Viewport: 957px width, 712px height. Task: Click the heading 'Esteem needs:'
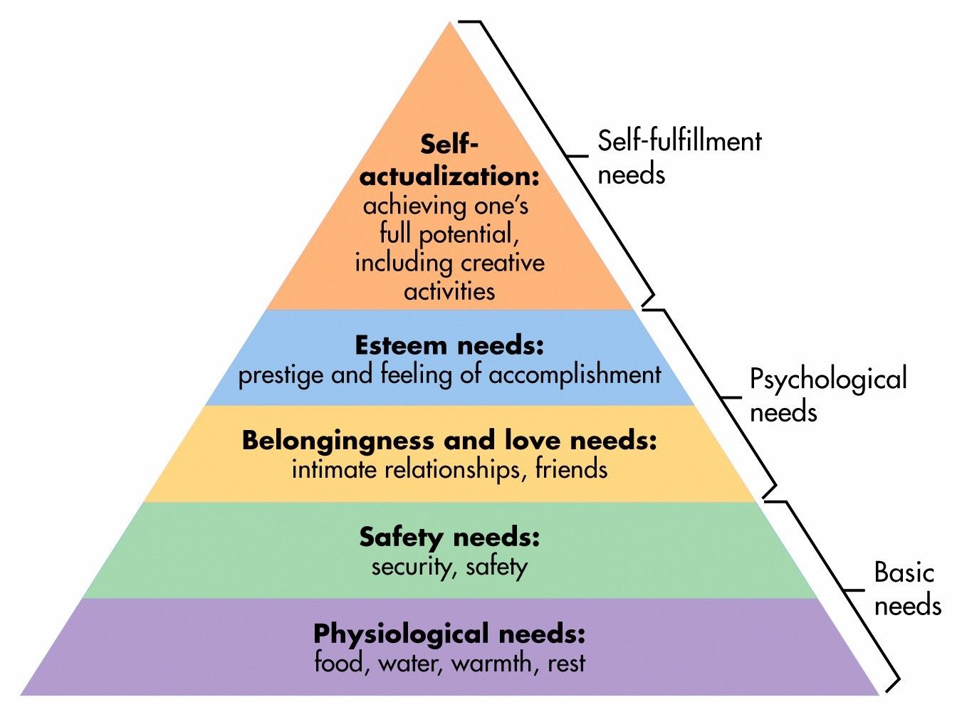pyautogui.click(x=449, y=346)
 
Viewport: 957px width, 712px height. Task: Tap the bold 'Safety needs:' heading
pyautogui.click(x=449, y=537)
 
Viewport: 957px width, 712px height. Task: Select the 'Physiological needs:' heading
pyautogui.click(x=449, y=633)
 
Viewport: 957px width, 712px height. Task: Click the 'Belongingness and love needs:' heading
pyautogui.click(x=449, y=441)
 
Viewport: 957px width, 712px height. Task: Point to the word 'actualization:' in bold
pyautogui.click(x=449, y=176)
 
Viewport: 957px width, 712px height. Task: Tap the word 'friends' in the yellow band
pyautogui.click(x=571, y=469)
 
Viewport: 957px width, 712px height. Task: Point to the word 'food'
pyautogui.click(x=339, y=663)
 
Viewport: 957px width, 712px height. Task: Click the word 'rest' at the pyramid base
pyautogui.click(x=567, y=664)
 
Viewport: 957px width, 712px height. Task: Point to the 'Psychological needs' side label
pyautogui.click(x=827, y=395)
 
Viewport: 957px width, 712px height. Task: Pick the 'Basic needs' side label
pyautogui.click(x=906, y=589)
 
